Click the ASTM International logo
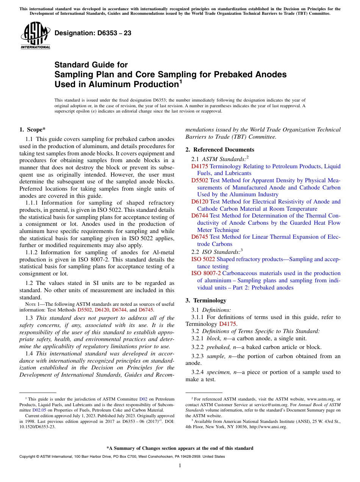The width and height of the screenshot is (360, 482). click(x=35, y=36)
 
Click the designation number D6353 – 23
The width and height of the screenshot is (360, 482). click(x=93, y=33)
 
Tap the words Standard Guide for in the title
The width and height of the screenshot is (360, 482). click(x=91, y=65)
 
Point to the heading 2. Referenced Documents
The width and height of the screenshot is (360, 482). click(x=220, y=150)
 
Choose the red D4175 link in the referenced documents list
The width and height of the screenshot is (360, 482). click(x=200, y=166)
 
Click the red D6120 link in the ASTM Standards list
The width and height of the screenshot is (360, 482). click(x=200, y=202)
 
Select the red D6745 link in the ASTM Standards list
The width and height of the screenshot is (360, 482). click(x=200, y=237)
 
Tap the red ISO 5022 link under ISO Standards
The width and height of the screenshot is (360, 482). click(x=203, y=259)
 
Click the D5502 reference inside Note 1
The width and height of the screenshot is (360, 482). click(x=85, y=310)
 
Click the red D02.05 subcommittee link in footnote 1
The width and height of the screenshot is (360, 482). click(x=39, y=410)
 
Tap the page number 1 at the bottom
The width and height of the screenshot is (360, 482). click(x=180, y=466)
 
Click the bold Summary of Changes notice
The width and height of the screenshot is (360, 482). click(x=180, y=448)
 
